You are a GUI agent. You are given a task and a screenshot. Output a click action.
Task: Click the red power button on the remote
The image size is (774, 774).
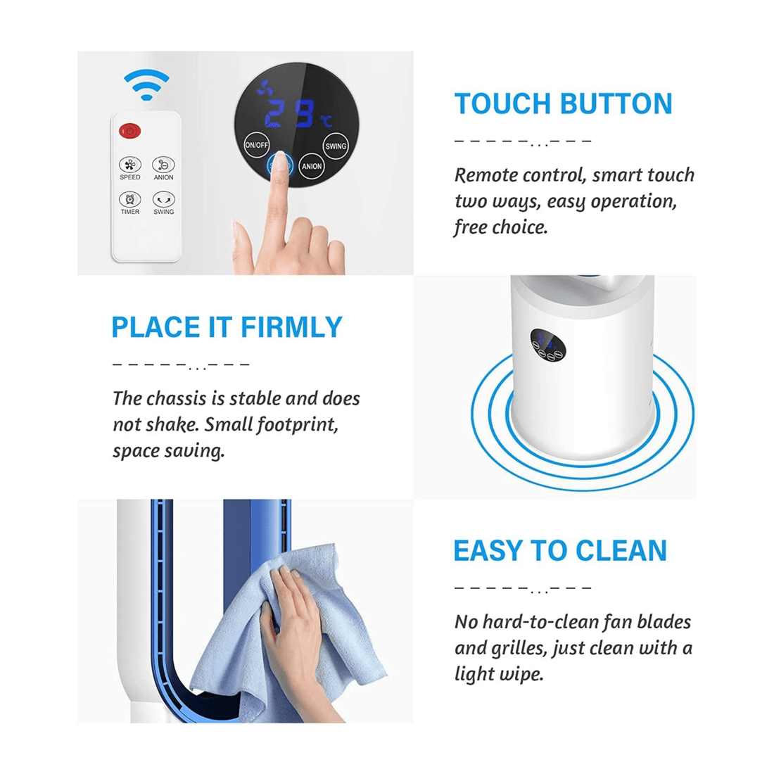pos(130,131)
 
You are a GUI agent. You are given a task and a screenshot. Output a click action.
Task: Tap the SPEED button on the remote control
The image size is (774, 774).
pos(130,165)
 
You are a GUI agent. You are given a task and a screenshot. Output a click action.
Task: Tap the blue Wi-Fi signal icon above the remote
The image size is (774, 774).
pos(146,84)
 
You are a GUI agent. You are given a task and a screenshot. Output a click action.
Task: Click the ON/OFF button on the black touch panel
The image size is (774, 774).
pos(256,145)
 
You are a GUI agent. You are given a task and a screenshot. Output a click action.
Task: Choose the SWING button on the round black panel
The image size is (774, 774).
pos(336,146)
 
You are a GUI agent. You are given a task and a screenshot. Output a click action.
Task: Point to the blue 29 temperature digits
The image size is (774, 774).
pos(291,113)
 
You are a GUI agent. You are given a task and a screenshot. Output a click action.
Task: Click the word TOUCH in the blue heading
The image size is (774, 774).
pos(500,104)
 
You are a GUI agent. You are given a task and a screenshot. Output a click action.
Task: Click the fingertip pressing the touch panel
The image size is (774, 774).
pos(281,163)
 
